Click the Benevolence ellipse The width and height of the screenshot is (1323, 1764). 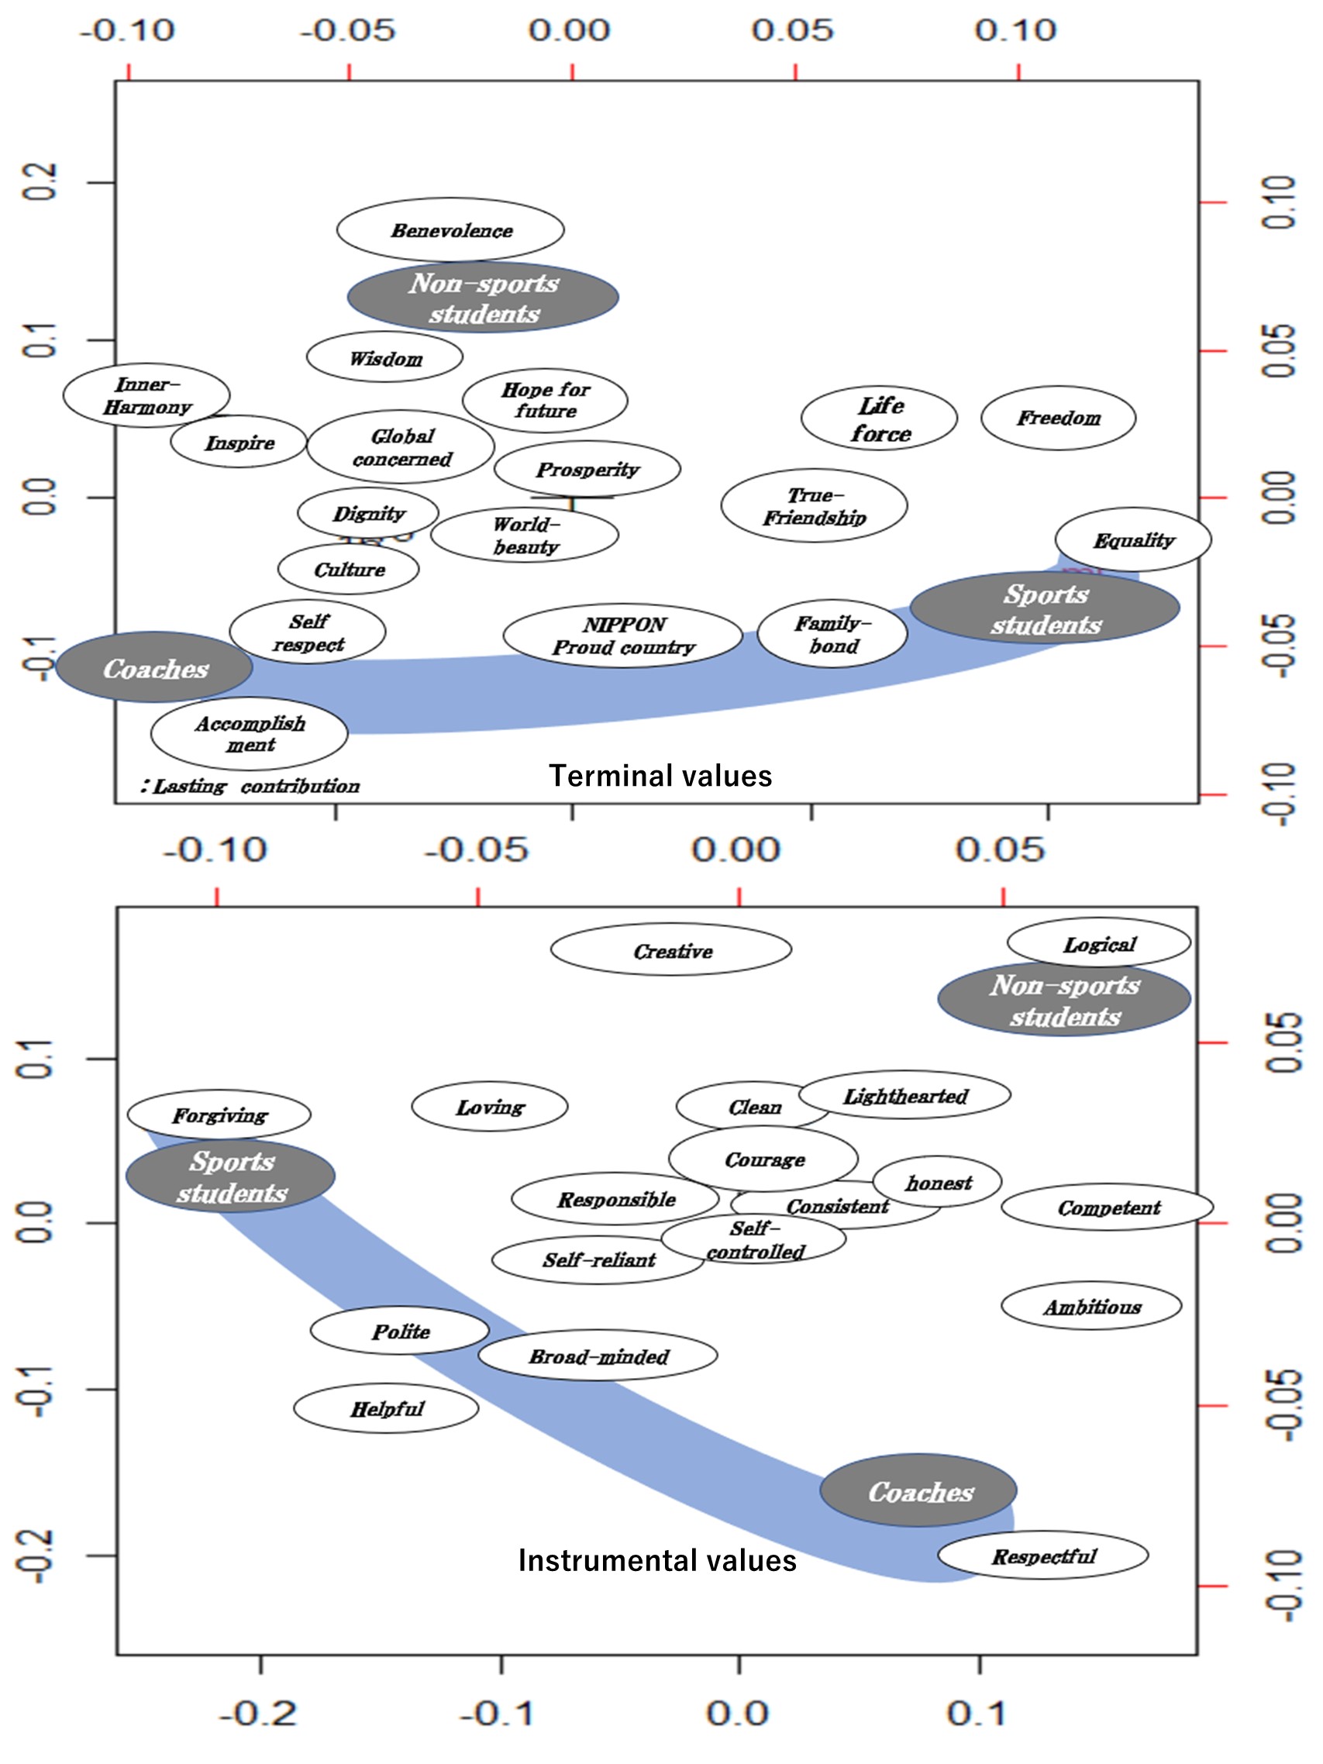[450, 229]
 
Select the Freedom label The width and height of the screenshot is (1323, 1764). [1058, 418]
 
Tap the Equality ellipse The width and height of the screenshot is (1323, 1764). [1133, 540]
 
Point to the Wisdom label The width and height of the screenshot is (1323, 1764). [385, 358]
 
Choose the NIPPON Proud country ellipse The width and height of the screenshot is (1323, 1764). [623, 636]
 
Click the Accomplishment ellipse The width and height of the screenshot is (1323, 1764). [250, 734]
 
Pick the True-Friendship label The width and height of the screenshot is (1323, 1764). [815, 506]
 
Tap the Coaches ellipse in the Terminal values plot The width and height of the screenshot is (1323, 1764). [155, 668]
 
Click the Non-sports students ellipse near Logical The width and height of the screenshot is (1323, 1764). [1065, 1000]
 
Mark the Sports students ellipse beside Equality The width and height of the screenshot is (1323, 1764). [1046, 608]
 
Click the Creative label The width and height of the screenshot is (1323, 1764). [672, 950]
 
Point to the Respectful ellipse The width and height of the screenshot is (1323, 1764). [1043, 1555]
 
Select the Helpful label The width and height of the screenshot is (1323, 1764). [387, 1409]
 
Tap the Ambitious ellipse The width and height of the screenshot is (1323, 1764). [1092, 1307]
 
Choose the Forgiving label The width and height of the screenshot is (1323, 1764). [219, 1115]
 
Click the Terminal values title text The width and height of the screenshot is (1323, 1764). [660, 776]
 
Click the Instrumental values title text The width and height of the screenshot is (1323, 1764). [657, 1560]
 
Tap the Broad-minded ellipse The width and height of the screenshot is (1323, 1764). [598, 1356]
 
